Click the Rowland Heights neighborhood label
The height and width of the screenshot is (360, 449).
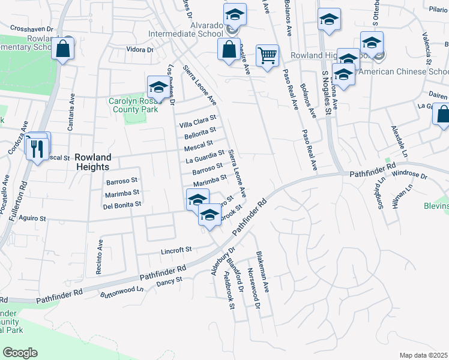[93, 162]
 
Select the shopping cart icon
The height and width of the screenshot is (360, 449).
[267, 56]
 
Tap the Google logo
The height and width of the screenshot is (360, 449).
[20, 353]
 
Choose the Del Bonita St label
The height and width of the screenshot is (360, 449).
[122, 204]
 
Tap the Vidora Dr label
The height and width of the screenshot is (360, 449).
[139, 50]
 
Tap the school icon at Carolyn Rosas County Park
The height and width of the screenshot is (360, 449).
[158, 88]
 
